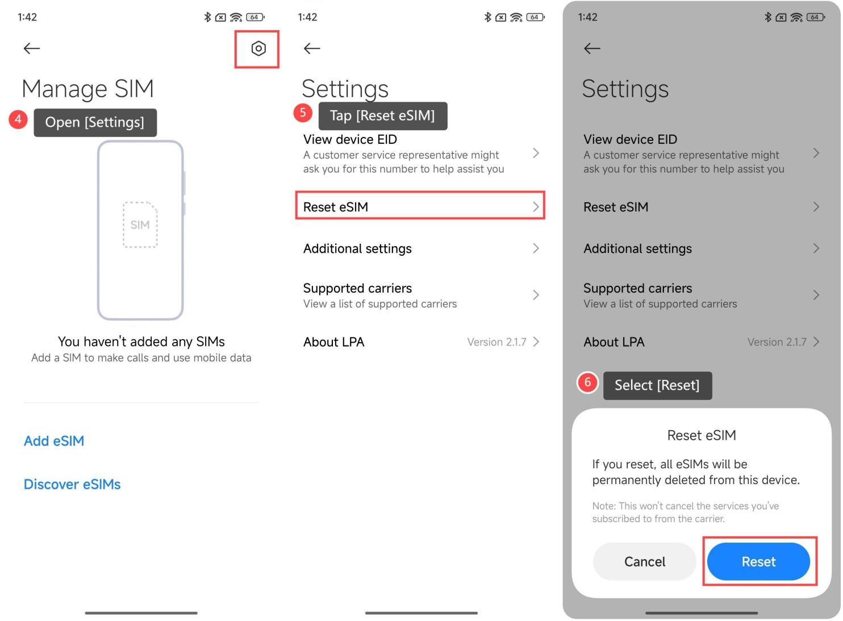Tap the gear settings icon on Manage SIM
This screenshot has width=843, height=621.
pos(258,49)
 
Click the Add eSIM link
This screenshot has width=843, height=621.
pos(54,441)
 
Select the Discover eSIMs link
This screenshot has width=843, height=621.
pos(72,484)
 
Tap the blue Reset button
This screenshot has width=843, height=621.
pos(758,561)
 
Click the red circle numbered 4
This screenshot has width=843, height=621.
pos(18,119)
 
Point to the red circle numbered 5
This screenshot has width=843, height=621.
pos(303,112)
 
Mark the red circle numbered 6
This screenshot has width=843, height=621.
pos(587,382)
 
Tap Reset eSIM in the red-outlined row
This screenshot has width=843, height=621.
pos(336,207)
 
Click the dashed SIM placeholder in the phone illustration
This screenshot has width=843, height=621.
pos(140,225)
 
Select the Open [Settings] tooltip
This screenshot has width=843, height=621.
pos(95,122)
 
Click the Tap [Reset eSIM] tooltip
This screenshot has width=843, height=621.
pos(382,116)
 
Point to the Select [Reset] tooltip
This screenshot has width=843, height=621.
pos(657,385)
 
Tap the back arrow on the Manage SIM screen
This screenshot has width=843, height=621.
pos(32,49)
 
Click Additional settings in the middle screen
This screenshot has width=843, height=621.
pos(357,248)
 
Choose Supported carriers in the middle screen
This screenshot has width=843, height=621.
pos(358,289)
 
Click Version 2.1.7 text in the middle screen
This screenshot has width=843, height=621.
pos(496,342)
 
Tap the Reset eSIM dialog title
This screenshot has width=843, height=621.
pos(701,435)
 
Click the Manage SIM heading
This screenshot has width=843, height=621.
pos(87,89)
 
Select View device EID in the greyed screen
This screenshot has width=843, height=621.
pos(630,139)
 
